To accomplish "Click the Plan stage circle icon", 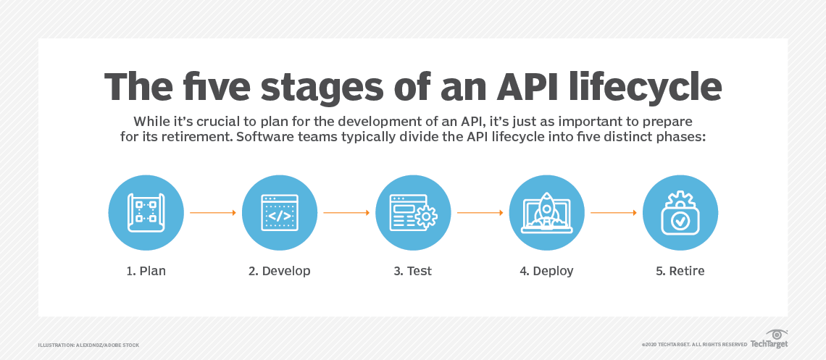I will tap(146, 212).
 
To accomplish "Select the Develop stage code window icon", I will tap(279, 212).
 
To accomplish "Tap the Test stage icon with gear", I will tap(413, 212).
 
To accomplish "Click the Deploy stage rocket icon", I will tap(546, 212).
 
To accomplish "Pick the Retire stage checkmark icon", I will tap(680, 212).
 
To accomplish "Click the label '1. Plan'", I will tap(146, 271).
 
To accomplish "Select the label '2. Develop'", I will tap(279, 271).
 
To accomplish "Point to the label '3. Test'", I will tap(413, 271).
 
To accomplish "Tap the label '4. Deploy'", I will tap(546, 271).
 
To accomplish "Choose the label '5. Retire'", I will tap(680, 271).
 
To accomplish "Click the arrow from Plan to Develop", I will tap(212, 213).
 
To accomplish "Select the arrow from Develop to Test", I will tap(346, 213).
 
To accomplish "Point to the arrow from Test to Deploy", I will tap(480, 213).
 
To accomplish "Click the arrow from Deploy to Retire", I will tap(613, 213).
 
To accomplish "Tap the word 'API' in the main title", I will tap(485, 87).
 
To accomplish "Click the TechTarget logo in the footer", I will tap(769, 340).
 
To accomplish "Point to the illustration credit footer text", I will tap(88, 345).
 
